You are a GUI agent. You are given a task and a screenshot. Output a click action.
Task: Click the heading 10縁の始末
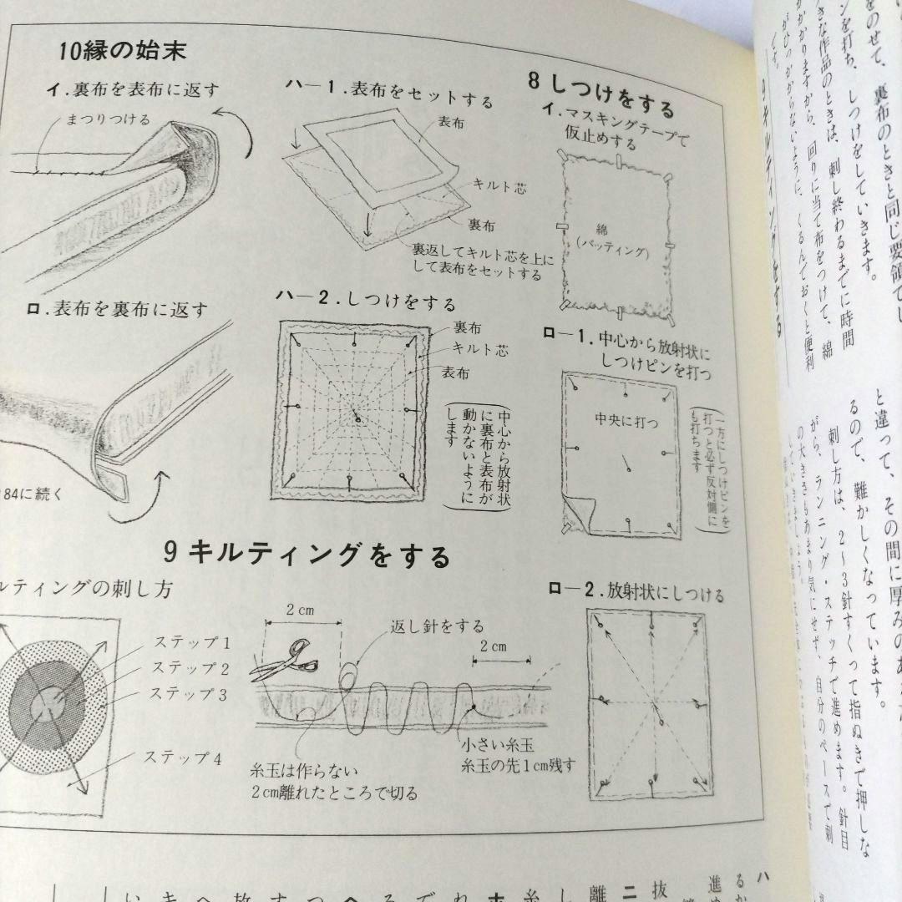tap(123, 50)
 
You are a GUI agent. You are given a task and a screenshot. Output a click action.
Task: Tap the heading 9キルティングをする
tap(307, 554)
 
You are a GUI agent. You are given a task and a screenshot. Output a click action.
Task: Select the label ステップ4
tap(182, 759)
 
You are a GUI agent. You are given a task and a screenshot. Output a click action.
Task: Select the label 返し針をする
tap(437, 626)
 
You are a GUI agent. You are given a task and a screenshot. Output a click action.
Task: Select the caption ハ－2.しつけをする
tap(367, 302)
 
